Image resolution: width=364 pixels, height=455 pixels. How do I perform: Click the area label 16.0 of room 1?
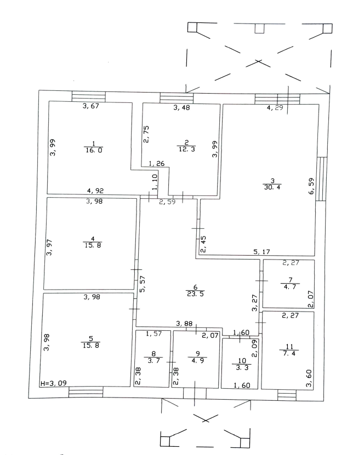[x=92, y=151]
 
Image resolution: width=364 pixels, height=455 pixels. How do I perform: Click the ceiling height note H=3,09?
[x=54, y=383]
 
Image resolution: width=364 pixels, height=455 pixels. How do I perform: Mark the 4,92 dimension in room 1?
[x=96, y=191]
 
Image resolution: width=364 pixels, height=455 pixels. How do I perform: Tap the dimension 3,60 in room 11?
[x=308, y=378]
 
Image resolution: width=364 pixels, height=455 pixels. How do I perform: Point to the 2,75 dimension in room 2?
[x=146, y=134]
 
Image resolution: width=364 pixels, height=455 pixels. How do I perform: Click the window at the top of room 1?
[x=89, y=96]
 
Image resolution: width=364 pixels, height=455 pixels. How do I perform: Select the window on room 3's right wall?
[x=323, y=178]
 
